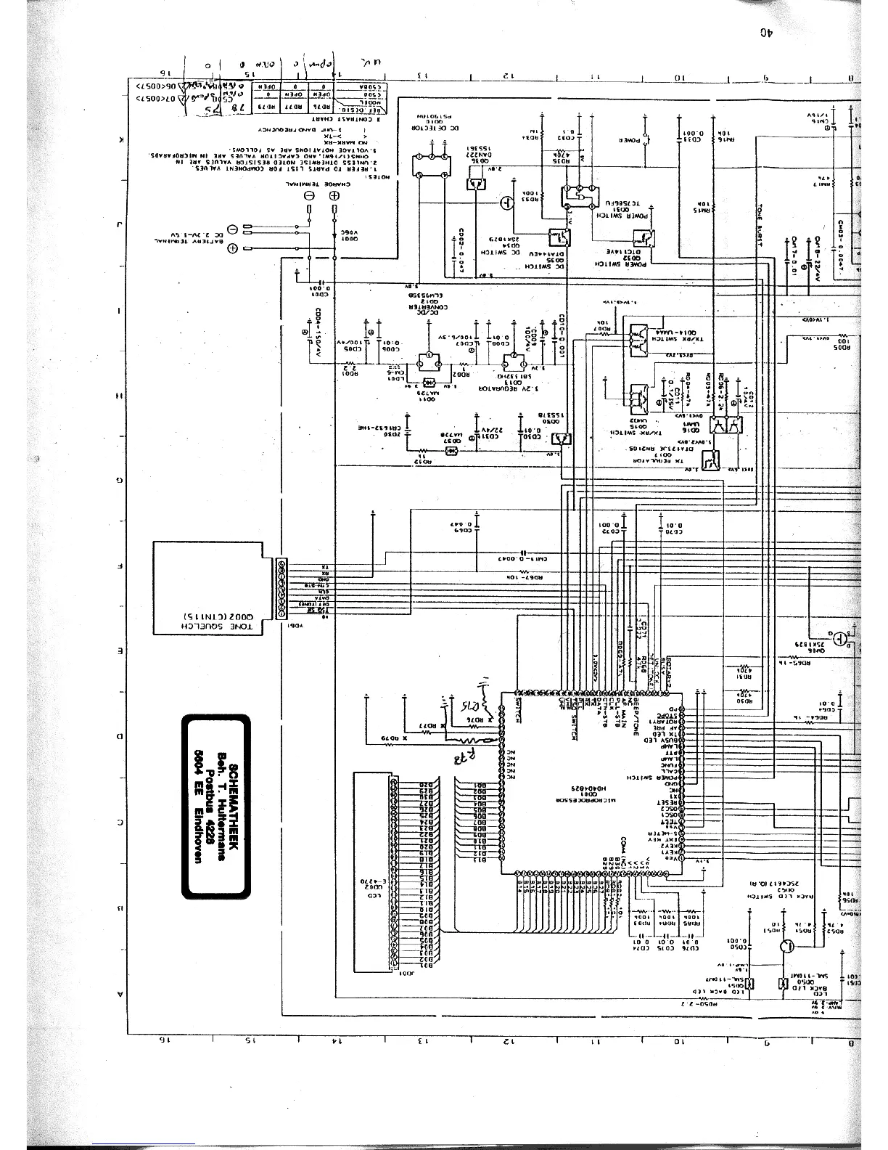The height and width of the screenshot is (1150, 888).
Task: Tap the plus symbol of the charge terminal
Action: coord(334,197)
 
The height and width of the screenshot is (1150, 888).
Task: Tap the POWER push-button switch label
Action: coord(633,140)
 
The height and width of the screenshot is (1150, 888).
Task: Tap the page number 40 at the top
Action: coord(765,32)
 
